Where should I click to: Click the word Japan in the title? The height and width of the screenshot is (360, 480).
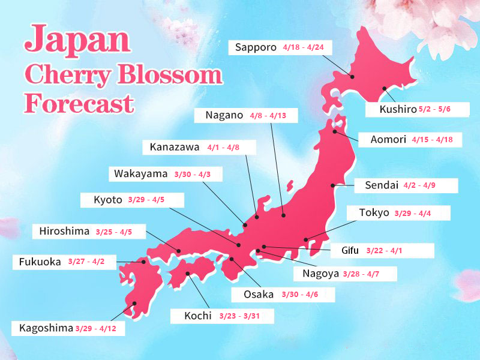(x=77, y=40)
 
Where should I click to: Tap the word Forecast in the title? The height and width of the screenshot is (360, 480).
(x=79, y=103)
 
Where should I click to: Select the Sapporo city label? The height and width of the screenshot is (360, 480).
(x=255, y=47)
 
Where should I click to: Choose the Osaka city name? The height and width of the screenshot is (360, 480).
(x=258, y=295)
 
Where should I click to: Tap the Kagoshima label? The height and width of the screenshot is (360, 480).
(x=46, y=328)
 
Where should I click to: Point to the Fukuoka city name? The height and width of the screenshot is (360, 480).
(x=40, y=262)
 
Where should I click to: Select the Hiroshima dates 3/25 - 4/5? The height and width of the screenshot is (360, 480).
(x=113, y=232)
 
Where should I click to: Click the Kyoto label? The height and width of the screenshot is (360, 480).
(x=108, y=200)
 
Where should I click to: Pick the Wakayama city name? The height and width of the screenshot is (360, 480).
(x=141, y=174)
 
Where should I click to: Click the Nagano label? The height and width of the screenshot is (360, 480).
(x=224, y=115)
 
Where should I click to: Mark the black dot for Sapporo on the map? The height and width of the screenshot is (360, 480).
(x=352, y=77)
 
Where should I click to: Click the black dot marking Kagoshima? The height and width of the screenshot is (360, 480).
(x=134, y=304)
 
